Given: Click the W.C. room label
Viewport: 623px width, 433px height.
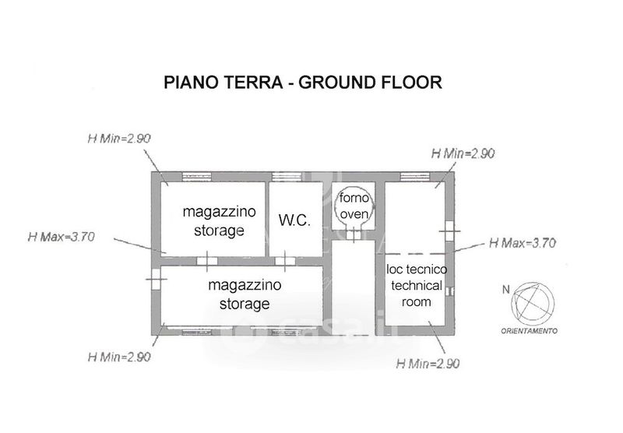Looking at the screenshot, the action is click(x=294, y=220).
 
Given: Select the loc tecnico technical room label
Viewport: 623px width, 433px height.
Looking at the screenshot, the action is click(x=417, y=285).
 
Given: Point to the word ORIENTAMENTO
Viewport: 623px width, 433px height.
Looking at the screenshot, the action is click(x=529, y=330).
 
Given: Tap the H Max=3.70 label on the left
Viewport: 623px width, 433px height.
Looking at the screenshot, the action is click(x=62, y=237).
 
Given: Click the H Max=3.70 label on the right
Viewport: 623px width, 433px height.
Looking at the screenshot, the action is click(x=523, y=243).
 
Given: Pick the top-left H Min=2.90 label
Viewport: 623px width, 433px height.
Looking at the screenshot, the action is click(x=119, y=139).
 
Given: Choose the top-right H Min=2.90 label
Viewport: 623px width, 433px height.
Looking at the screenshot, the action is click(x=463, y=153).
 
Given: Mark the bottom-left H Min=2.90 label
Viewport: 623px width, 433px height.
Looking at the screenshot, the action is click(x=119, y=357).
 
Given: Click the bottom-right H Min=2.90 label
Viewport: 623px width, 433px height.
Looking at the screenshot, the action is click(x=428, y=363).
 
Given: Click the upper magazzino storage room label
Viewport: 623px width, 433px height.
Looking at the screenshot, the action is click(x=219, y=221).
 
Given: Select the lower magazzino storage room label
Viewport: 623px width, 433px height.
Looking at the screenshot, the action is click(x=245, y=294).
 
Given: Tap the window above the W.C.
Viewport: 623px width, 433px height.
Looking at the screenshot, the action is click(x=287, y=177).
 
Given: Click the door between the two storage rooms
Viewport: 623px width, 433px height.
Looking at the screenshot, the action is click(x=207, y=261).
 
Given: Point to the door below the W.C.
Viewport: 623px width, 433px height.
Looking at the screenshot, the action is click(x=285, y=261).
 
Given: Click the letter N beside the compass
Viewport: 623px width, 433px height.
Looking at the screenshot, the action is click(x=505, y=289).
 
